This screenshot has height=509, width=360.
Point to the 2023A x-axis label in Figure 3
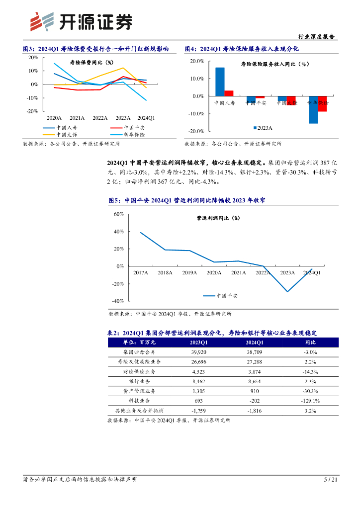[x=123, y=118]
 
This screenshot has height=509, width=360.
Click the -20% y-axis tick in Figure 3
[x=32, y=111]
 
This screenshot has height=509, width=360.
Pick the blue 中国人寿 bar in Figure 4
[x=220, y=82]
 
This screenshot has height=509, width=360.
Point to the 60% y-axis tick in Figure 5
[x=118, y=214]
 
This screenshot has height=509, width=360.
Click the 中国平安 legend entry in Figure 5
[x=227, y=296]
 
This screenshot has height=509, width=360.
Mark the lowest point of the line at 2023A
[x=287, y=291]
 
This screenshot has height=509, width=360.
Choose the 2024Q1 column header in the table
[x=254, y=342]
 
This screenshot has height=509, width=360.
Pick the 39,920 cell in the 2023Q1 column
[x=199, y=352]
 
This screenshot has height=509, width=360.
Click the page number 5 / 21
[x=331, y=480]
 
